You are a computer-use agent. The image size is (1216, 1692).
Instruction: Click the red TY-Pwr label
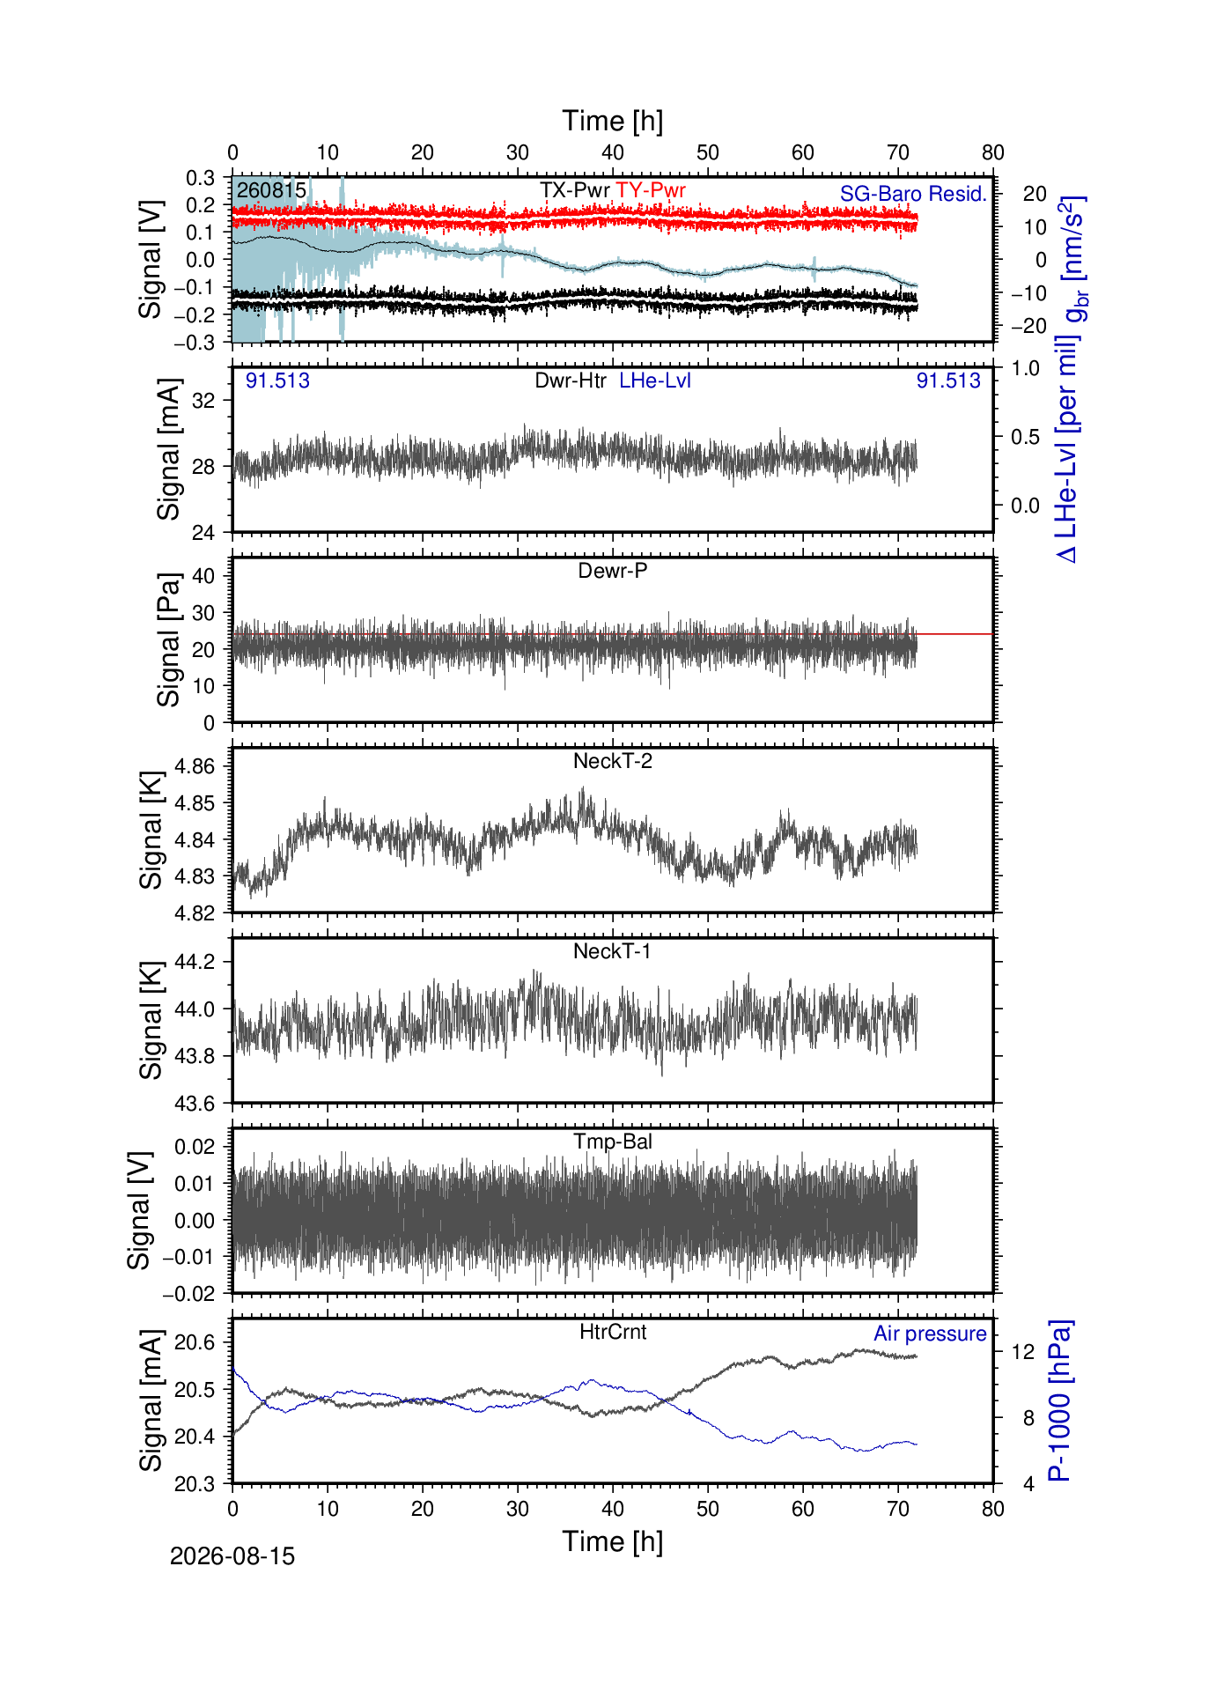651,190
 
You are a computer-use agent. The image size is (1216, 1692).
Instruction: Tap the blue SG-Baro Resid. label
913,194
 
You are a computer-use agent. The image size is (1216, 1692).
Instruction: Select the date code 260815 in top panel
271,190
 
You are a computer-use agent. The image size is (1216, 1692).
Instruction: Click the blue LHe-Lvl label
655,381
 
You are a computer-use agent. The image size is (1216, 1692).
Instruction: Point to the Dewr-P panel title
613,571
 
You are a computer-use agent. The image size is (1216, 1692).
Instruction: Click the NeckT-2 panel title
613,761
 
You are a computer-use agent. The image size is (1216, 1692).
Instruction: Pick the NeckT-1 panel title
613,951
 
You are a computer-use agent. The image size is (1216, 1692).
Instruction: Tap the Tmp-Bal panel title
613,1142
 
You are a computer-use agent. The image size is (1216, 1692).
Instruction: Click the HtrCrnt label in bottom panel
613,1332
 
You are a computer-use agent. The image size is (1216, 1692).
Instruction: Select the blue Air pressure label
930,1334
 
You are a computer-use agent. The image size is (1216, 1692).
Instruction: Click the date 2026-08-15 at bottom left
232,1556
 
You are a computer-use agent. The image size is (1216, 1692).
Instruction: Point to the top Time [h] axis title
613,121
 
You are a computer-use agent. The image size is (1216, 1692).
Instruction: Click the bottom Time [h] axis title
613,1541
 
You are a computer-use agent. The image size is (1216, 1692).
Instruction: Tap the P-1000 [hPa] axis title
1060,1400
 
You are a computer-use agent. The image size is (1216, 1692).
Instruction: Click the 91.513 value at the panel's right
948,381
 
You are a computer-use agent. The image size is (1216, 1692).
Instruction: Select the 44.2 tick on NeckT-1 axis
195,961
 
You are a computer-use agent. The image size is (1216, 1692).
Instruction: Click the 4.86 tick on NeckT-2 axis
195,766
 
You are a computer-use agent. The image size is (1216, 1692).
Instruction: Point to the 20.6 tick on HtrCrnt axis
195,1342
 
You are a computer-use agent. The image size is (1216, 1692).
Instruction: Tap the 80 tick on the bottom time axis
993,1509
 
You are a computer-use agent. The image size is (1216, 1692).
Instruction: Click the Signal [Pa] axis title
168,639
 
